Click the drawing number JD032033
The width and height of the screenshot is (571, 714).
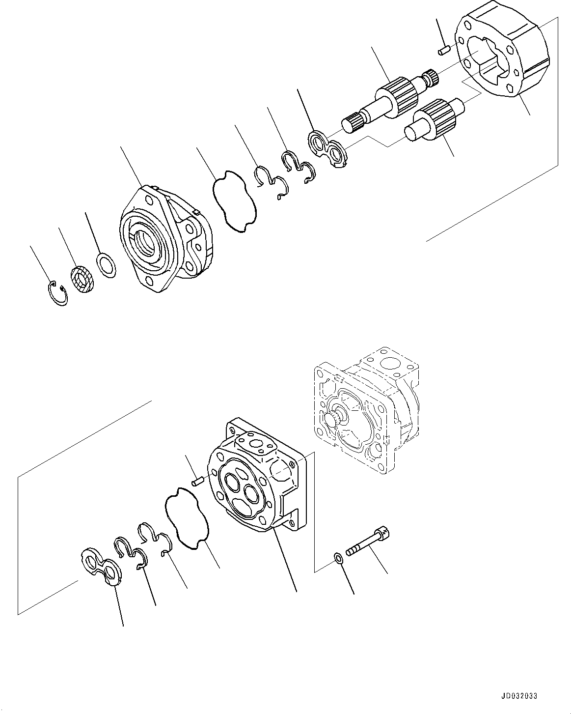coord(519,696)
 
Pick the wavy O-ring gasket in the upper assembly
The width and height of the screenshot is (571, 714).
coord(235,200)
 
